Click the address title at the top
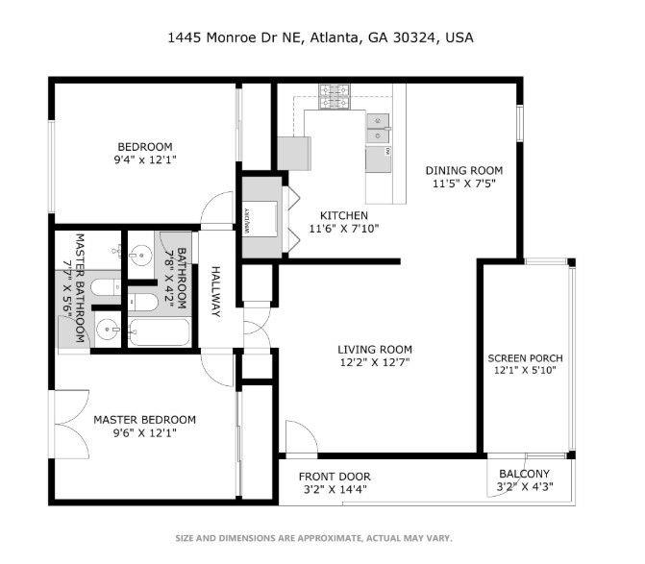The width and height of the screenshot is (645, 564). click(321, 38)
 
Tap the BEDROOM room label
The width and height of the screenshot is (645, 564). click(144, 146)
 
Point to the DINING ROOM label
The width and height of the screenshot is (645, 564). click(464, 170)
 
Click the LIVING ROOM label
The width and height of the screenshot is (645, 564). click(374, 349)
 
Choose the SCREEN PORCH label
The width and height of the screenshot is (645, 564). click(524, 356)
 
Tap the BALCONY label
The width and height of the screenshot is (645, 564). click(524, 474)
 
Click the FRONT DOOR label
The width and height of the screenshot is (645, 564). click(334, 477)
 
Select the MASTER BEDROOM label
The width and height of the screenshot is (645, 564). click(144, 420)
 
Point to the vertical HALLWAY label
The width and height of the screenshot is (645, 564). click(216, 292)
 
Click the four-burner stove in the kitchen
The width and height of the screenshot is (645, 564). click(335, 96)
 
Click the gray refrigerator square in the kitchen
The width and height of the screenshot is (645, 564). click(293, 152)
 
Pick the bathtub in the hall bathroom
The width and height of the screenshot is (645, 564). click(160, 332)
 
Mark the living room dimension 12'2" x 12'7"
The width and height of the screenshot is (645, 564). click(374, 362)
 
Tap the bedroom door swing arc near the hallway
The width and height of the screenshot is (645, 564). click(219, 208)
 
